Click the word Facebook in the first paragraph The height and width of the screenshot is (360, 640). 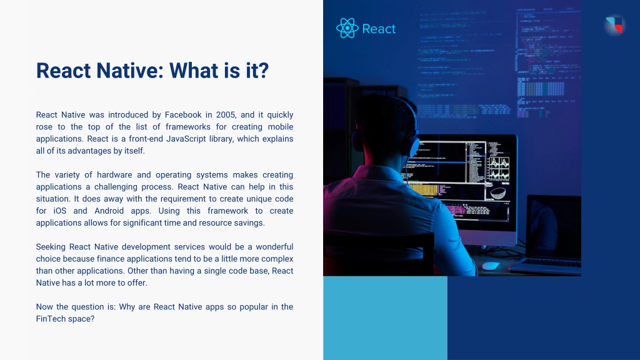click(183, 115)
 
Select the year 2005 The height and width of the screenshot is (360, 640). click(226, 115)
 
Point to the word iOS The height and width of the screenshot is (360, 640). click(59, 211)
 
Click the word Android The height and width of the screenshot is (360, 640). click(109, 211)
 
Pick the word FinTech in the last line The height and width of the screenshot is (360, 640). click(49, 319)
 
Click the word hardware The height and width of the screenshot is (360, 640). click(114, 175)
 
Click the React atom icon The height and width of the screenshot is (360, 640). click(347, 28)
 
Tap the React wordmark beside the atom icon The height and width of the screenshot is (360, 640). click(379, 29)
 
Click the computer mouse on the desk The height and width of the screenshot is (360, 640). click(491, 266)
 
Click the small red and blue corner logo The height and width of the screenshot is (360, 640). click(615, 25)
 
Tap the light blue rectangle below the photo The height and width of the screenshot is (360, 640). click(385, 318)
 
